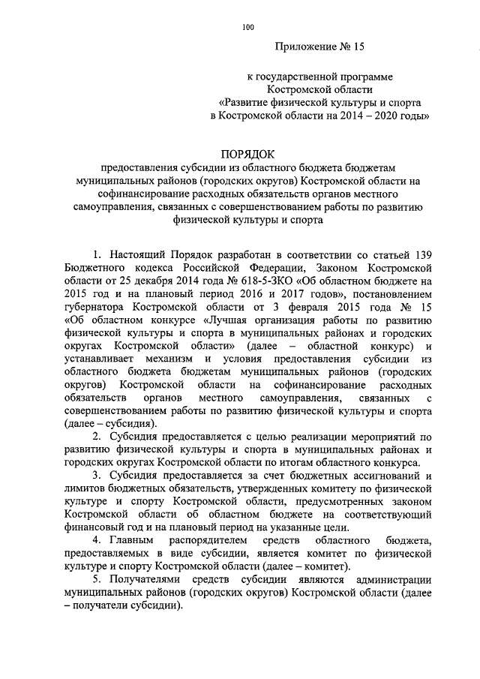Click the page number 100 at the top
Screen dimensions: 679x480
click(248, 28)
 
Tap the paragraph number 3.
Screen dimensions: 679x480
click(97, 476)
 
